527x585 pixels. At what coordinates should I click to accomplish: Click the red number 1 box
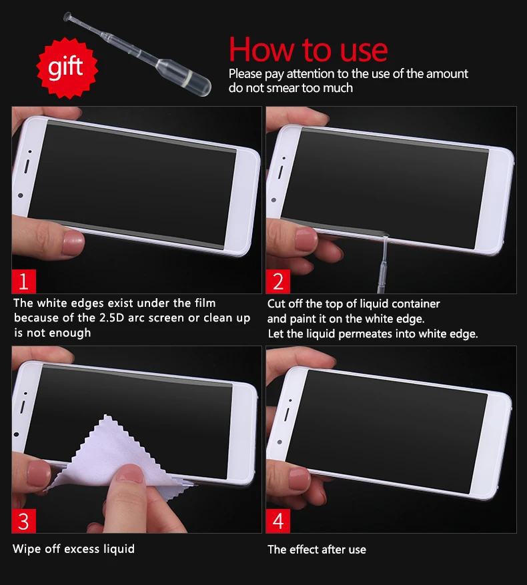pyautogui.click(x=24, y=281)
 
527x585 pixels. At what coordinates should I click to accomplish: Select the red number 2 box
pyautogui.click(x=278, y=281)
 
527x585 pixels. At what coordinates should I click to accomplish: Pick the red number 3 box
pyautogui.click(x=24, y=520)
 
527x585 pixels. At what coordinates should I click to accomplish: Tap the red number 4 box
pyautogui.click(x=278, y=520)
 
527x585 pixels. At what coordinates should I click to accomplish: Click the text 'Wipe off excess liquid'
pyautogui.click(x=73, y=549)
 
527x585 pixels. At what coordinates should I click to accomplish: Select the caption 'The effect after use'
pyautogui.click(x=317, y=550)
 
